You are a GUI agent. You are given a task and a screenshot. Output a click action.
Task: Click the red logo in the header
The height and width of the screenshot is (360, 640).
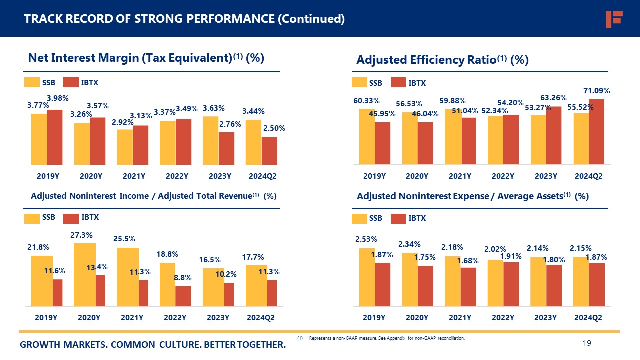click(613, 19)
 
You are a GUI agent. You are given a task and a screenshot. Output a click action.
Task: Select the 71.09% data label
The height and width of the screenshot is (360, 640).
click(596, 91)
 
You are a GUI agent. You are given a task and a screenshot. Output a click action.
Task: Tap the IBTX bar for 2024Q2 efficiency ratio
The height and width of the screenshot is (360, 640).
click(597, 132)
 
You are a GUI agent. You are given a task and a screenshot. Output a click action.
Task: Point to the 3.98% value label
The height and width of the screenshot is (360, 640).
click(58, 98)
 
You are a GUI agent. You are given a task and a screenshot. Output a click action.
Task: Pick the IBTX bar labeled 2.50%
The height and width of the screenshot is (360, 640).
click(269, 151)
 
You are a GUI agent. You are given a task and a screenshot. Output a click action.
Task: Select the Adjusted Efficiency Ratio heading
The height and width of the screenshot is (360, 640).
click(442, 60)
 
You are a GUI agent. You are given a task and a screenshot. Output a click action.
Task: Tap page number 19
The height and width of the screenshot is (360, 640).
click(587, 343)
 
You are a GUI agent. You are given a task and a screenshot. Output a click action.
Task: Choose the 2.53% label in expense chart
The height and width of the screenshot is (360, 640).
click(366, 239)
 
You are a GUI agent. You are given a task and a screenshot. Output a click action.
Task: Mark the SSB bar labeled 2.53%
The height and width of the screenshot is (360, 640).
click(367, 277)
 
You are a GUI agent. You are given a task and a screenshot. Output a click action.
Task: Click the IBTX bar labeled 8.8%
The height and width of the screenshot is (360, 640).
click(183, 296)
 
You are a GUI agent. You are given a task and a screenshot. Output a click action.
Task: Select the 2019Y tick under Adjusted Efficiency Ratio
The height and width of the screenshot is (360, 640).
click(374, 176)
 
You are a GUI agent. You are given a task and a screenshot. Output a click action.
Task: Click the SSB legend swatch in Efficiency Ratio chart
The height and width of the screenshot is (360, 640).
click(359, 82)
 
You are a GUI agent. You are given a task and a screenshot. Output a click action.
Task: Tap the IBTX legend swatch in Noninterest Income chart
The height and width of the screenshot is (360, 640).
click(71, 218)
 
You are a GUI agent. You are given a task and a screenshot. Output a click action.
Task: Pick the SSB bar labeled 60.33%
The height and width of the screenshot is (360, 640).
click(367, 136)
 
